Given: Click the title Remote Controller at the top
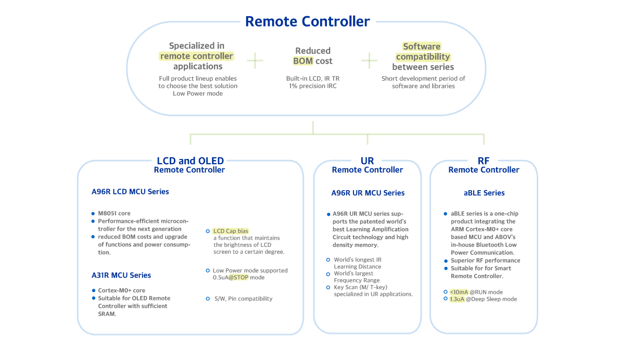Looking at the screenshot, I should click(x=307, y=21).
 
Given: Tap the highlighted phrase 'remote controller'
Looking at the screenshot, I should click(x=197, y=56).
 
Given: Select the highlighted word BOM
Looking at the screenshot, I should click(x=303, y=61).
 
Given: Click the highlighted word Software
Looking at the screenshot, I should click(x=422, y=46).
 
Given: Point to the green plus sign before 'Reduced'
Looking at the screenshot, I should click(x=255, y=60).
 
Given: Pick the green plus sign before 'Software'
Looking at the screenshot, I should click(x=369, y=60).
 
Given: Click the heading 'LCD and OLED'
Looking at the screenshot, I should click(x=190, y=160).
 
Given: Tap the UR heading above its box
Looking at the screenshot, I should click(x=367, y=160).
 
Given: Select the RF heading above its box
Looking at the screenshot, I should click(x=484, y=160).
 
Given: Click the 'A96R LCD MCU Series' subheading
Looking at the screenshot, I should click(x=130, y=192).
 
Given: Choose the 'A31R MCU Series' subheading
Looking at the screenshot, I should click(x=121, y=275).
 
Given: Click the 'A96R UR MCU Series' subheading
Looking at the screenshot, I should click(x=368, y=193).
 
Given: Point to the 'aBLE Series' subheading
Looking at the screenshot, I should click(x=484, y=193).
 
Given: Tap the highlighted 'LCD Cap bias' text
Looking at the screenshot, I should click(x=231, y=231).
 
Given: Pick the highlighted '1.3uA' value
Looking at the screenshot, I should click(x=457, y=299).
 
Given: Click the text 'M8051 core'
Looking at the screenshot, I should click(x=115, y=214).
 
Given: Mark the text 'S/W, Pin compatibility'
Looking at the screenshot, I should click(x=243, y=299).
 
